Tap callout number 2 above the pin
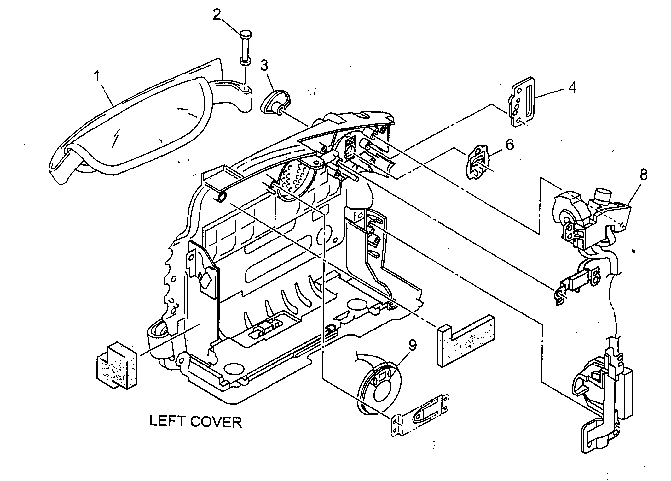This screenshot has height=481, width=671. (x=217, y=14)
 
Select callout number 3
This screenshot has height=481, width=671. (x=264, y=66)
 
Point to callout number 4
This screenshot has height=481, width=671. (x=572, y=87)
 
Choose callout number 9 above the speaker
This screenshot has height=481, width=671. (x=413, y=345)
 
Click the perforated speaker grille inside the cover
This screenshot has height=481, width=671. (x=295, y=181)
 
